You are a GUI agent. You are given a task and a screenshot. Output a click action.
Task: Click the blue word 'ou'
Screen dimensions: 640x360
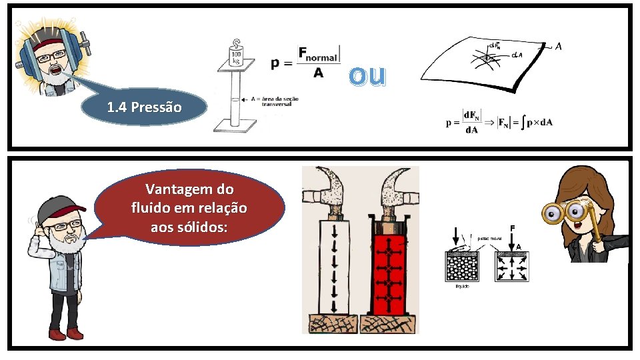367,76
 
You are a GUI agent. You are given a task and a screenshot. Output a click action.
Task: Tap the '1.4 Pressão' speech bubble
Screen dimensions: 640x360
143,107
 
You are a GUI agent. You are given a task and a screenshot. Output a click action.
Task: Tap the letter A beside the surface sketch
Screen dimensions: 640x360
558,47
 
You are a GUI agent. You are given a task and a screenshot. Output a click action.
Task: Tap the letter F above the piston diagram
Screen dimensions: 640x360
511,228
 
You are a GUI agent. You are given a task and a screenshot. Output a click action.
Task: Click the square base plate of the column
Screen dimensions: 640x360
234,125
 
